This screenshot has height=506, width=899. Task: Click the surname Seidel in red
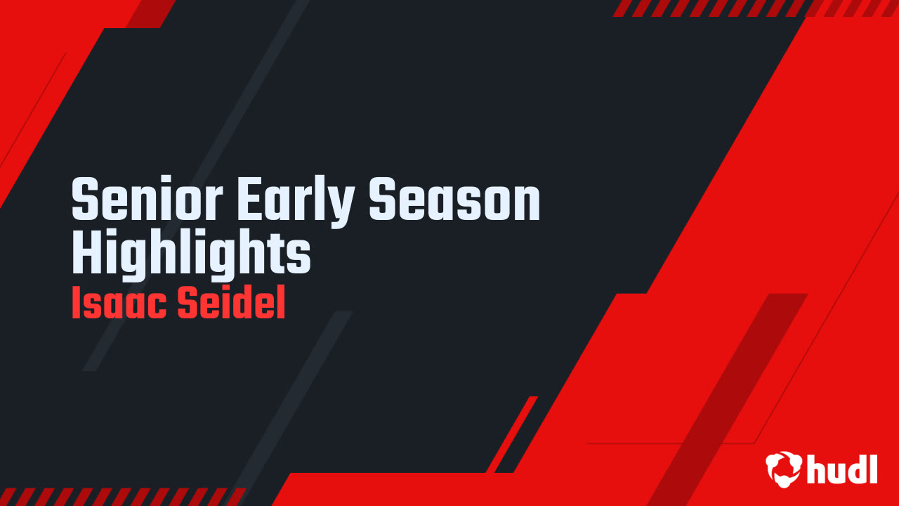tap(230, 305)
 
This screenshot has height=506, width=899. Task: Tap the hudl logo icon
tap(784, 468)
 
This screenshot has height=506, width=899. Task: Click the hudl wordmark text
tap(842, 468)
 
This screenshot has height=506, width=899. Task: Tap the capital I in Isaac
tap(76, 305)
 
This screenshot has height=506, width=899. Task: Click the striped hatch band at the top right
tap(752, 8)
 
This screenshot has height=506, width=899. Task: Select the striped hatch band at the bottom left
tap(119, 496)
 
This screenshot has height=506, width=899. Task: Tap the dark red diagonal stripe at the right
tap(730, 394)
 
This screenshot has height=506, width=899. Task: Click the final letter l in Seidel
tap(281, 305)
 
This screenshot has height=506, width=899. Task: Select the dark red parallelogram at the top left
tap(151, 13)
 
